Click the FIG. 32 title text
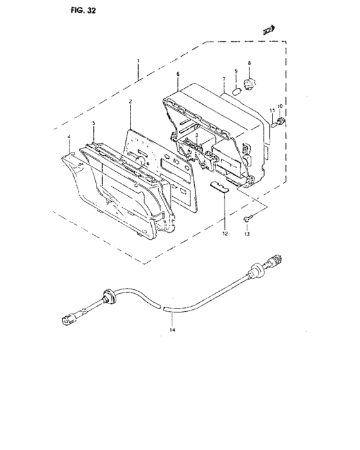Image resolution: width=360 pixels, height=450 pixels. click(x=84, y=10)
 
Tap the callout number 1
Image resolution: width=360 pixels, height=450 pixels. click(x=138, y=61)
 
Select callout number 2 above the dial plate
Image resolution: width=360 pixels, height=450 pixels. click(x=130, y=102)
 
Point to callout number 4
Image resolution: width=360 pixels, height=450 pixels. click(x=69, y=137)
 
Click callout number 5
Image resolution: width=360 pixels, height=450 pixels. click(x=94, y=123)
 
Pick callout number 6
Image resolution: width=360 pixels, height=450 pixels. click(x=178, y=74)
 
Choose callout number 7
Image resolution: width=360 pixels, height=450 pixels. click(x=224, y=78)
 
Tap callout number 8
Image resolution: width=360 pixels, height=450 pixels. click(x=249, y=63)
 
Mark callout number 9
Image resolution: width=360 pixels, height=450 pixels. click(x=236, y=71)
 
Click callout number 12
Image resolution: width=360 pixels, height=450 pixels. click(x=225, y=233)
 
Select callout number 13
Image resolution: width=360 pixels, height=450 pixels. click(x=247, y=234)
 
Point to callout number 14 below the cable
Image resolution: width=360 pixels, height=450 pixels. click(x=172, y=330)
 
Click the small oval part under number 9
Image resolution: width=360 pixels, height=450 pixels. click(x=236, y=91)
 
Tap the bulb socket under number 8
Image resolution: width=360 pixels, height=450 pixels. click(x=249, y=84)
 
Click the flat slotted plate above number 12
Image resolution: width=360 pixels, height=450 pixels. click(x=220, y=186)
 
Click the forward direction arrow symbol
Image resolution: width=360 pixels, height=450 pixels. click(x=269, y=30)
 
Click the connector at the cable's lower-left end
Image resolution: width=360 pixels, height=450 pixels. click(x=69, y=319)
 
